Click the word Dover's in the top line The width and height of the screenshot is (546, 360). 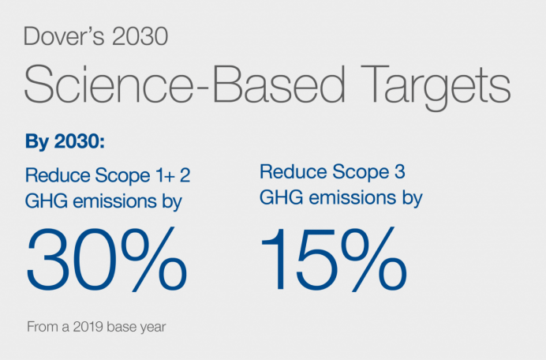(55, 36)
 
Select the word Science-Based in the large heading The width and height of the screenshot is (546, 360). (161, 84)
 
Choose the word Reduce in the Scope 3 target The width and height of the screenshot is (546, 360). (288, 171)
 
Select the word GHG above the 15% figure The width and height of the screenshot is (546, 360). (277, 197)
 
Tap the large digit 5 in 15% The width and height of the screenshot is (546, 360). (323, 258)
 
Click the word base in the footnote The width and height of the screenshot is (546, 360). (117, 325)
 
